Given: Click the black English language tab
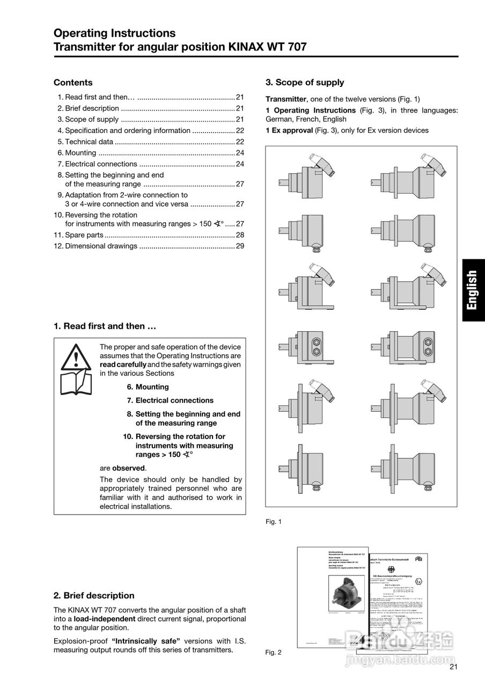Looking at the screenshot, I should (x=473, y=290).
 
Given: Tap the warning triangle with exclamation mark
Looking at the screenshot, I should (x=76, y=356).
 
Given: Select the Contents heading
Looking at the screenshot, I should (x=73, y=83).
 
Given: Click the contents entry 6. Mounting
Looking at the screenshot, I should (x=77, y=153).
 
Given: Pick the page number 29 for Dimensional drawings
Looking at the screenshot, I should (x=240, y=246).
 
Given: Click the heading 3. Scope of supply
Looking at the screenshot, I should (x=305, y=83).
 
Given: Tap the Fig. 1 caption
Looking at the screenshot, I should (x=274, y=522).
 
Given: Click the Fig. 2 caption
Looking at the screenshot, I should (x=274, y=653).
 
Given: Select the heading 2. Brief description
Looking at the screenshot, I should (x=94, y=595).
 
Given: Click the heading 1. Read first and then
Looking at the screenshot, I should (x=105, y=326).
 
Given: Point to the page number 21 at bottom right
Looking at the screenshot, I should (x=454, y=668).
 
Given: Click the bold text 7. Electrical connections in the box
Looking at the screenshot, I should (x=170, y=400).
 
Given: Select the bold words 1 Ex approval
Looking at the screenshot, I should (x=289, y=130).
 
